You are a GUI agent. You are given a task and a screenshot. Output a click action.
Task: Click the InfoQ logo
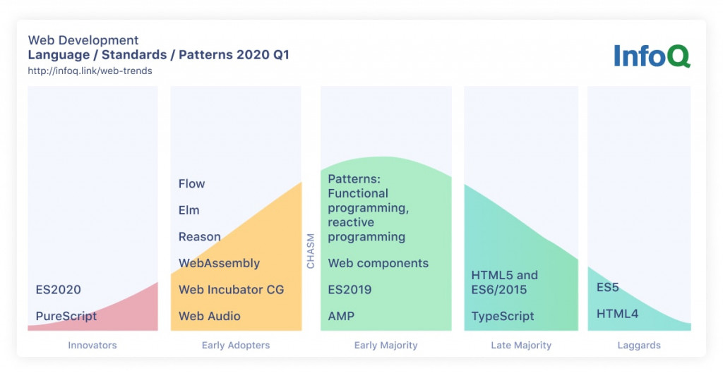click(x=652, y=56)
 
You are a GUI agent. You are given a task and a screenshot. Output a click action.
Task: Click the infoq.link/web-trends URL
click(x=90, y=71)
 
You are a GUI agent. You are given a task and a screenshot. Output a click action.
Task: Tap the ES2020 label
click(x=58, y=290)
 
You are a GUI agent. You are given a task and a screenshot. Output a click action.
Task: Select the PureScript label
click(x=66, y=317)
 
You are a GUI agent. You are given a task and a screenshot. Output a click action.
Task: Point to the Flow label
click(x=191, y=183)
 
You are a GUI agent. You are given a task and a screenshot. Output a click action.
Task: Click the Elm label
click(x=189, y=210)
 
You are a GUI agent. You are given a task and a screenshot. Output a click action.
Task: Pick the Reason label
click(x=200, y=237)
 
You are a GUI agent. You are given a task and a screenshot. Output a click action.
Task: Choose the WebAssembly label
click(x=220, y=263)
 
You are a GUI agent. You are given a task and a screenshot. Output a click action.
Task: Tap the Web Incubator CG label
click(x=232, y=290)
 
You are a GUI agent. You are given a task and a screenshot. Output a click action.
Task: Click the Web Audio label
click(x=210, y=317)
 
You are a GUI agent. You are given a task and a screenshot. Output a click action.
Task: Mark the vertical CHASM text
click(x=311, y=251)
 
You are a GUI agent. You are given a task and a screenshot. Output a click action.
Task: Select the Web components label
click(x=378, y=263)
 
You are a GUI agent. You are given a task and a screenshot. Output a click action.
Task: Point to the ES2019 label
click(x=350, y=290)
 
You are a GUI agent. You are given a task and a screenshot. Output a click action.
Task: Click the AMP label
click(x=341, y=317)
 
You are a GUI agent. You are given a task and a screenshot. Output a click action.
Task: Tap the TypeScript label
click(x=503, y=317)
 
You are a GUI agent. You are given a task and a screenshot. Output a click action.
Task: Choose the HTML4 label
click(x=617, y=314)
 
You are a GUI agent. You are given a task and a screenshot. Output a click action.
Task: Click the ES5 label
click(x=608, y=287)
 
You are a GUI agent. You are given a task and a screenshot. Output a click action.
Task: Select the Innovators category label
click(x=92, y=346)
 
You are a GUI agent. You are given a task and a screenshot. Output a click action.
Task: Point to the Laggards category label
click(x=639, y=346)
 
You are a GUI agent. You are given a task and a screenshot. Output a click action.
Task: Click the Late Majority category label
click(x=521, y=346)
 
